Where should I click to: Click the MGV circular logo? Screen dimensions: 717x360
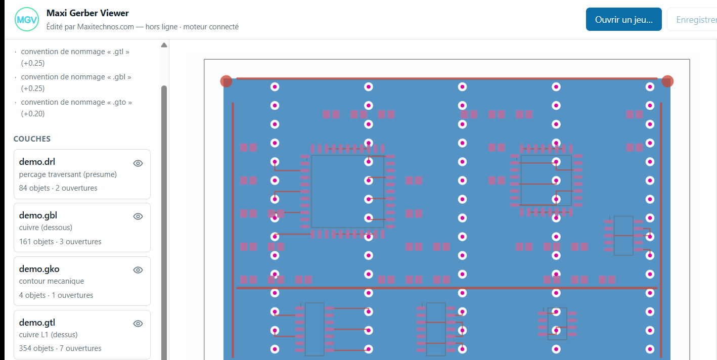27,20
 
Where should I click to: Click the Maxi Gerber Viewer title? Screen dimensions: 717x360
87,13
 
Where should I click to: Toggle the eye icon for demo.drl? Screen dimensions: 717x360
138,163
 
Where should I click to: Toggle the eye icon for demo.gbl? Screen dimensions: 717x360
138,216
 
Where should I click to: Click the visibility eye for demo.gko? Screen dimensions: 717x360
138,270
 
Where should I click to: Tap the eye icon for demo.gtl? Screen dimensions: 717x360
138,324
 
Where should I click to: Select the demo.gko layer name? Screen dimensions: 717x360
39,269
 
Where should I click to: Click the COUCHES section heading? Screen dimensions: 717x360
32,139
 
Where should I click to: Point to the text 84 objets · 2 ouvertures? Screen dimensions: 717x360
58,188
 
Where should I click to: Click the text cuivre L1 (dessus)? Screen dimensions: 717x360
48,334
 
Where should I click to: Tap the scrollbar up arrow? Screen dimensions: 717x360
164,45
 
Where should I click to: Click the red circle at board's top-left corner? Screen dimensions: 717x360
227,81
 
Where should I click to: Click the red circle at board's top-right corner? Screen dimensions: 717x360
667,81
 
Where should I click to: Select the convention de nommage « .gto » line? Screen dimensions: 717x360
76,108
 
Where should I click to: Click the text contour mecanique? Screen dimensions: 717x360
51,281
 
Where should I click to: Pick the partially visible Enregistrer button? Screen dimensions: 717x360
692,20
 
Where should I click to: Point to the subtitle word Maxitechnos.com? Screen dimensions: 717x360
105,27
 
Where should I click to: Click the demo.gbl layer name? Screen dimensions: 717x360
38,215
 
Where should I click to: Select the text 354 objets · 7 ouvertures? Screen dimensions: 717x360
60,348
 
